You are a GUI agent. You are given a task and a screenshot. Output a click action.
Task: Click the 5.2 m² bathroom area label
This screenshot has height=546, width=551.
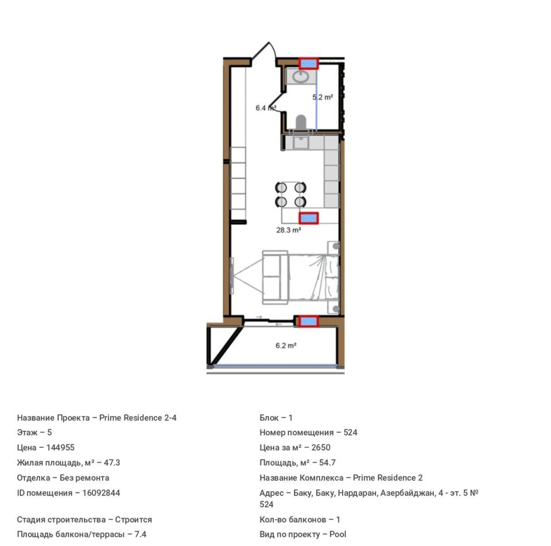point(322,97)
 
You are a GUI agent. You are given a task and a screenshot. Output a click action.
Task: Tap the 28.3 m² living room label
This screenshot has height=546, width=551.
point(288,230)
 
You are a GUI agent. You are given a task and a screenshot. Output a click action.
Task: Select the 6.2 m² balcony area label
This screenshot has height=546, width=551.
point(286,345)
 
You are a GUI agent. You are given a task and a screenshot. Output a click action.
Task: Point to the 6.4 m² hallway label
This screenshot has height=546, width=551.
point(266,108)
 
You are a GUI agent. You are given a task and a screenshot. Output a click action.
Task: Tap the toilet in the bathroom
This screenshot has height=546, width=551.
point(301,122)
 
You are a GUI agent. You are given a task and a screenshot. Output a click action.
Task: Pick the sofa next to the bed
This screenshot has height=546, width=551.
point(274,277)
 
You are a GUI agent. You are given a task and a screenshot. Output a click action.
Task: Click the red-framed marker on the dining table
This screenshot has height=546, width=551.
point(309,218)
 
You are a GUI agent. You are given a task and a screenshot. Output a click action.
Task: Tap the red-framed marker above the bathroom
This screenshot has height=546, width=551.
point(309,63)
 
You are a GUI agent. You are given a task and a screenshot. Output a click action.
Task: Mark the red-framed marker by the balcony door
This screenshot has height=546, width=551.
point(309,321)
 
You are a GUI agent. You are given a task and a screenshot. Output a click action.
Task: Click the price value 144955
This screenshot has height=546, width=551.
point(60,447)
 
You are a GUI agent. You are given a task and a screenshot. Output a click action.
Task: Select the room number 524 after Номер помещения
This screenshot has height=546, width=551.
point(350,432)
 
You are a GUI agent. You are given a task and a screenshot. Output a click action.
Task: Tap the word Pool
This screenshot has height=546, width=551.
point(338,534)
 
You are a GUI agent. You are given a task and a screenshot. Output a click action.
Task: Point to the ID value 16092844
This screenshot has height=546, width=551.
point(101,493)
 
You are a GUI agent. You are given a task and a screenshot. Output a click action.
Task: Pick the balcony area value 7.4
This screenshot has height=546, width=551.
point(140,534)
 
